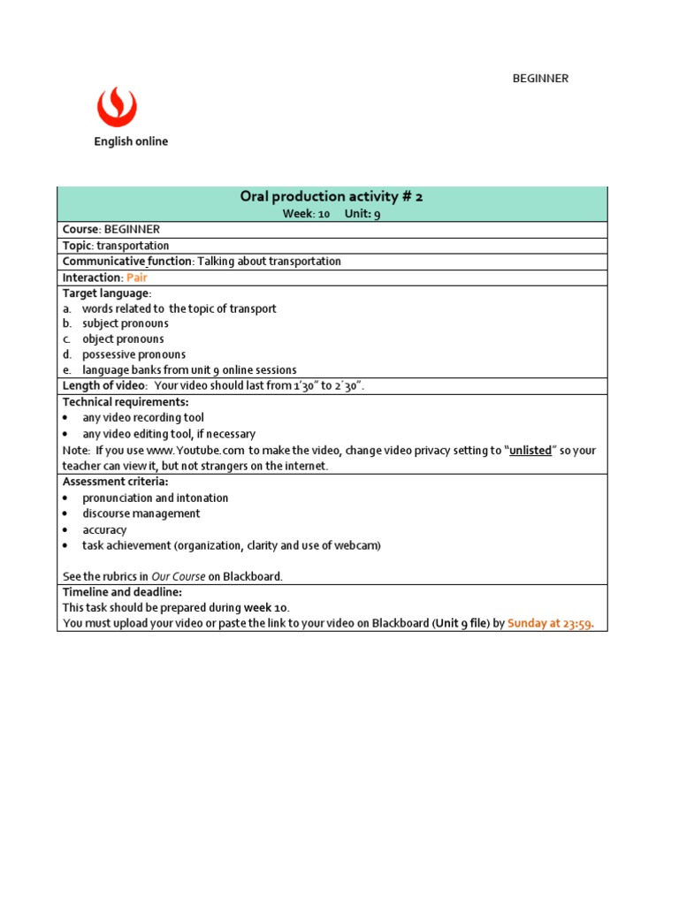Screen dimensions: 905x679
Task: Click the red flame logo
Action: click(117, 107)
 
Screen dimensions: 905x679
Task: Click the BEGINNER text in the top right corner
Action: click(540, 79)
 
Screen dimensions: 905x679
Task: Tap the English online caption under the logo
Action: click(131, 141)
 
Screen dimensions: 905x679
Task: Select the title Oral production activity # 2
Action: click(332, 196)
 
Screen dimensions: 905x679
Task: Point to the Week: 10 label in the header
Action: click(306, 214)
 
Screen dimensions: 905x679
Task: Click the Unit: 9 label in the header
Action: click(362, 214)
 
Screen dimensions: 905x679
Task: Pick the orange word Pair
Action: click(136, 278)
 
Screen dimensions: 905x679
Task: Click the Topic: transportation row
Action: click(116, 246)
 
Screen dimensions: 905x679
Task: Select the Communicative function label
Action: click(127, 262)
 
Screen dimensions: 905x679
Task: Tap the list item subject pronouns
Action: click(125, 323)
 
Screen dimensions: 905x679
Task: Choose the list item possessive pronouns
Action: click(134, 354)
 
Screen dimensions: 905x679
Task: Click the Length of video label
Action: click(104, 386)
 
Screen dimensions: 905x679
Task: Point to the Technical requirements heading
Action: click(126, 402)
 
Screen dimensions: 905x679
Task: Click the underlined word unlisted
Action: click(530, 451)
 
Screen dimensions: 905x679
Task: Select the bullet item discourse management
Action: click(141, 513)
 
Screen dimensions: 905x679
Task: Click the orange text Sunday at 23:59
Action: click(550, 623)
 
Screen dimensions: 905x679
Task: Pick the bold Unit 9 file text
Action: click(460, 623)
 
